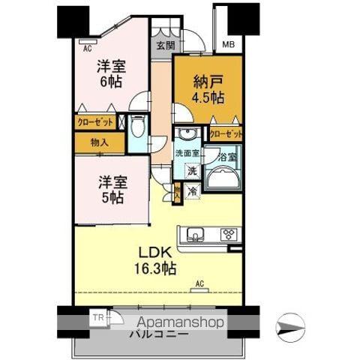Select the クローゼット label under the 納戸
coord(225,135)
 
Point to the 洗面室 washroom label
coord(187,154)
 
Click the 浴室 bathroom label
coord(227,159)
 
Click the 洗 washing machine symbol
coord(191,171)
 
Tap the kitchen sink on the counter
coord(195,234)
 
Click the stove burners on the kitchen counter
coord(229,234)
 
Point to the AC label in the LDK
coord(199,283)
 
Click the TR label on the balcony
coord(97,317)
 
